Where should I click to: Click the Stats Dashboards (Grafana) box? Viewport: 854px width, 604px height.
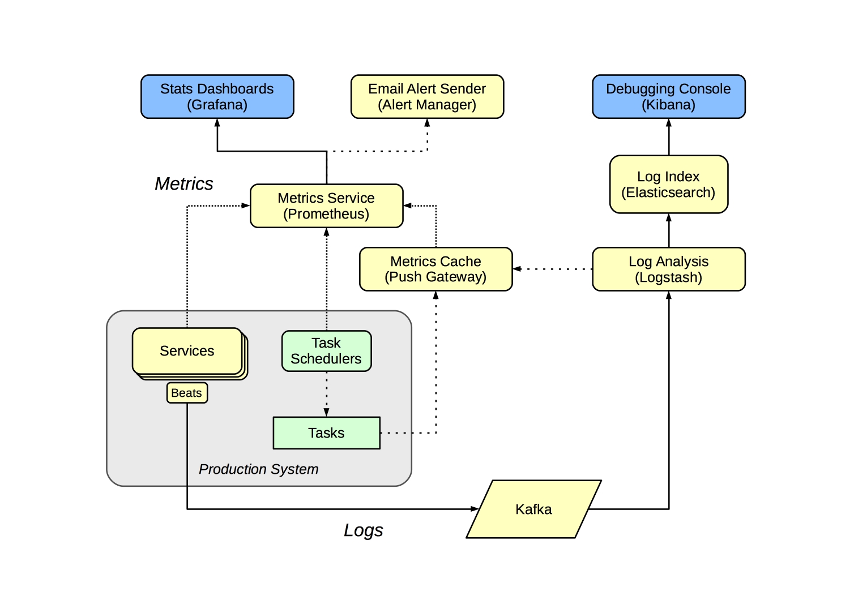217,97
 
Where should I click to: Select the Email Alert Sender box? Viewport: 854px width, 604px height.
427,97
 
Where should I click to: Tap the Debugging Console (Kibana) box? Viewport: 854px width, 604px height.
668,97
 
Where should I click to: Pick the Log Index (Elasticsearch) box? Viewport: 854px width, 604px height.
668,185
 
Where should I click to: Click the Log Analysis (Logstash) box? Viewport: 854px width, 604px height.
668,269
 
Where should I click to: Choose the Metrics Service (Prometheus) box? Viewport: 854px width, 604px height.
326,206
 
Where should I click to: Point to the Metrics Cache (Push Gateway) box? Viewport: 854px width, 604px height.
435,269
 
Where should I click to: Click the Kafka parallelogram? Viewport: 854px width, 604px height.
533,509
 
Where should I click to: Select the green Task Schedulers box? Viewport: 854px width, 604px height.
326,351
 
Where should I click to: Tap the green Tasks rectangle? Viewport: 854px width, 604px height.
326,433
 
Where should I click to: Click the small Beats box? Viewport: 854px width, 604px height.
187,393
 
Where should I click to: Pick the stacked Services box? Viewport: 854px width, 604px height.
187,351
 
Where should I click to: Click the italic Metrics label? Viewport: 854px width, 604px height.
184,184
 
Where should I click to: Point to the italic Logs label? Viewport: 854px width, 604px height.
363,530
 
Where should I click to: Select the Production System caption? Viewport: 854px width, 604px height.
258,469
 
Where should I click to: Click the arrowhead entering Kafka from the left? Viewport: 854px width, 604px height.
475,509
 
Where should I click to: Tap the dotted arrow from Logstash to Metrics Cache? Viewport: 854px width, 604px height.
552,269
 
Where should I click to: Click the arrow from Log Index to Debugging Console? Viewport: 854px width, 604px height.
669,137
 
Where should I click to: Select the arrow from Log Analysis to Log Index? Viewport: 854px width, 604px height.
669,230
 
